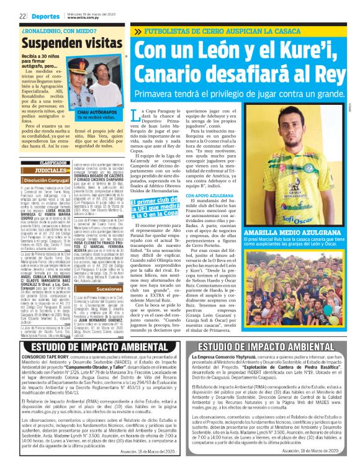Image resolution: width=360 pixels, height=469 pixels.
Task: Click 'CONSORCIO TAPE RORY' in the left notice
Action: [42, 357]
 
